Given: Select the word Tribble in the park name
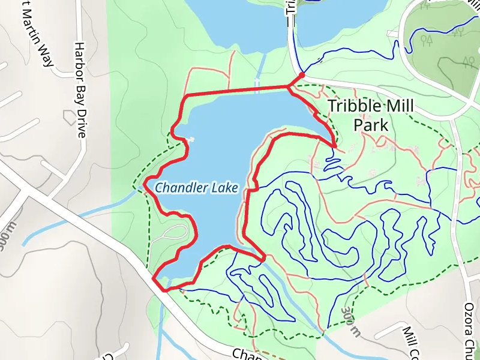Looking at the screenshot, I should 355,107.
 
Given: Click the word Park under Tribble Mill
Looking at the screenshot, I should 370,125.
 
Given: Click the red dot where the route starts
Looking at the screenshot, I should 302,75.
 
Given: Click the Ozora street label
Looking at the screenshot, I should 470,319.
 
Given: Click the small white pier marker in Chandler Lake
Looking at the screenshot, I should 191,140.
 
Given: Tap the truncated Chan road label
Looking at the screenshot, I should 245,354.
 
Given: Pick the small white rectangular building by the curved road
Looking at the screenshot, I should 393,33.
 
